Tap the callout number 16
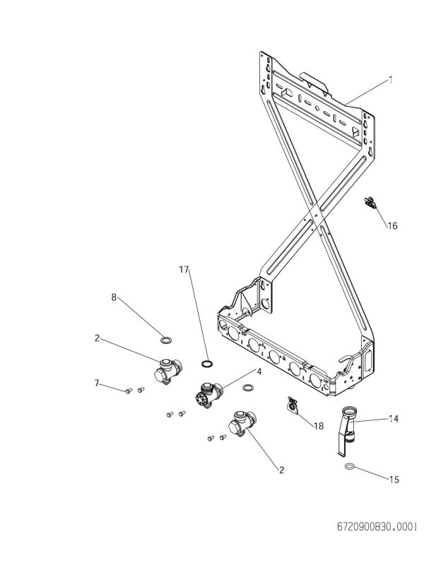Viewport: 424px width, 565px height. click(x=392, y=226)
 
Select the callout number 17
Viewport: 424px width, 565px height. click(x=184, y=270)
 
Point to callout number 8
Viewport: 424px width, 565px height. click(x=114, y=297)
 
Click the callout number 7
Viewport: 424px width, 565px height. click(x=96, y=383)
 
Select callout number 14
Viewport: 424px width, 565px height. click(x=394, y=419)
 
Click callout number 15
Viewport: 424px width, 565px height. click(x=394, y=480)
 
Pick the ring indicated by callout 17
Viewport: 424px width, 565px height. click(x=207, y=364)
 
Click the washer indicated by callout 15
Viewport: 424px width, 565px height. click(x=350, y=467)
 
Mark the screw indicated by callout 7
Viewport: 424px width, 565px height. click(x=129, y=389)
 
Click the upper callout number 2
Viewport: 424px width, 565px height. click(x=96, y=338)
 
